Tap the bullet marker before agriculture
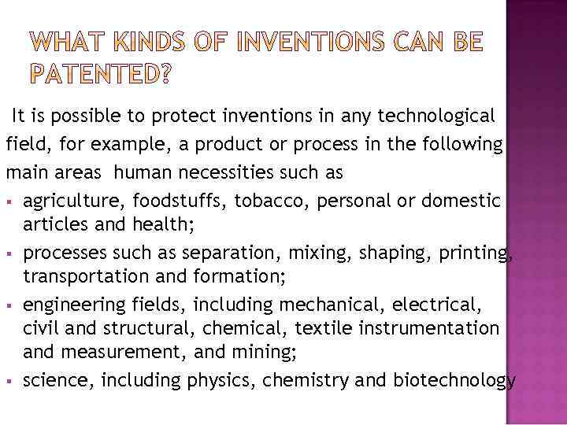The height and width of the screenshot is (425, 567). (x=9, y=201)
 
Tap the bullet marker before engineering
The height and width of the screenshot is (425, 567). (x=9, y=305)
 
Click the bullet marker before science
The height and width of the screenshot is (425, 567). (x=9, y=382)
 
